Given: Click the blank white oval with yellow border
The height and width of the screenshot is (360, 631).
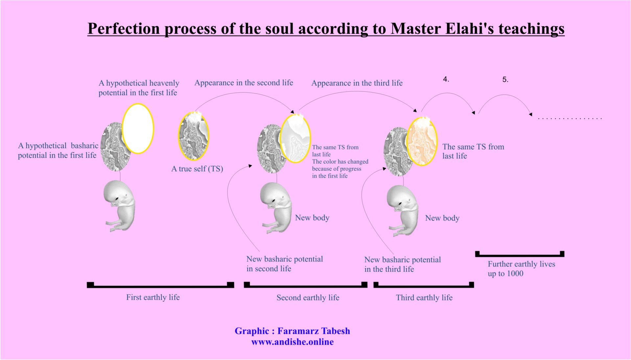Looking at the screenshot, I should tap(138, 129).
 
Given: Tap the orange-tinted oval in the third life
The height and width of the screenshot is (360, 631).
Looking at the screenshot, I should tap(422, 141).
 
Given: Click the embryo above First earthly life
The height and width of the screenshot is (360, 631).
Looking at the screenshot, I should tap(120, 206).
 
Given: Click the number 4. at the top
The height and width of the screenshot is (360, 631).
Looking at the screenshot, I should tap(446, 79).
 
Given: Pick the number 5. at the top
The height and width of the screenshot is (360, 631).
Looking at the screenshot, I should tap(505, 80).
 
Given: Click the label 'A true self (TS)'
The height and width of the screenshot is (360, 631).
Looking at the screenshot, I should tap(197, 169).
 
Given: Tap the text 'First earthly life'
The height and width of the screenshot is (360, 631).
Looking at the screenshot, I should tap(153, 297).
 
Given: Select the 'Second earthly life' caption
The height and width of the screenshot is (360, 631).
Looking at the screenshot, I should tap(308, 298).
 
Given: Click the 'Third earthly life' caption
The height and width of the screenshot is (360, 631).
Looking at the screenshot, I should tap(424, 298).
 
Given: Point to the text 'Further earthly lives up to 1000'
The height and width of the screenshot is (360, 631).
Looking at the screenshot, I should tap(521, 269).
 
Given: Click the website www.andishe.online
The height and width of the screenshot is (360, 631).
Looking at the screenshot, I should tap(292, 342).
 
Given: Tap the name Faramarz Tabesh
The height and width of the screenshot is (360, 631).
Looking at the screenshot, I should tap(314, 331).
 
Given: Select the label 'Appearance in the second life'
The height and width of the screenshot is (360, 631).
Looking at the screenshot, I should tap(244, 83).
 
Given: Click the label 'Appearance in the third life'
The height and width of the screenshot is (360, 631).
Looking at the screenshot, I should tap(357, 83).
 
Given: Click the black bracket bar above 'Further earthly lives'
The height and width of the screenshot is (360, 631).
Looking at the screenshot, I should tap(520, 255).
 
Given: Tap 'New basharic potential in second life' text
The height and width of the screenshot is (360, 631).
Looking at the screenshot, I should tap(285, 264).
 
